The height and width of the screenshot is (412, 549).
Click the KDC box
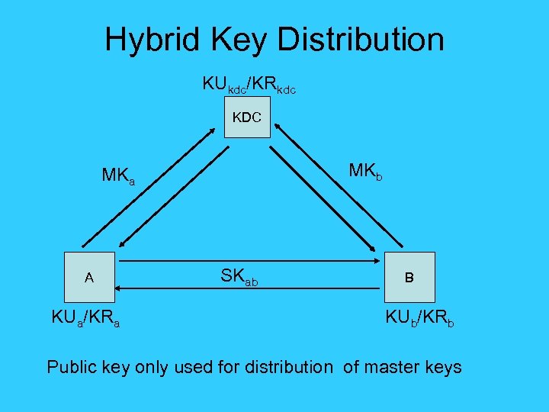point(247,117)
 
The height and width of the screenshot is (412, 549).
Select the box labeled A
point(89,278)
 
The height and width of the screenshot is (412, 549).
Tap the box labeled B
point(409,278)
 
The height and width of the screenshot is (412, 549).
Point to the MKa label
point(118,176)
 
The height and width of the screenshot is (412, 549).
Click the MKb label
point(365,171)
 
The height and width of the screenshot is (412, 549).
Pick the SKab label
point(238,278)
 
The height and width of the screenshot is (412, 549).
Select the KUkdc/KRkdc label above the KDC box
point(249,85)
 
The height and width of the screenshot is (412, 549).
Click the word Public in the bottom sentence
point(72,367)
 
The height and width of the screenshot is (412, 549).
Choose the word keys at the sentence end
point(444,367)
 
